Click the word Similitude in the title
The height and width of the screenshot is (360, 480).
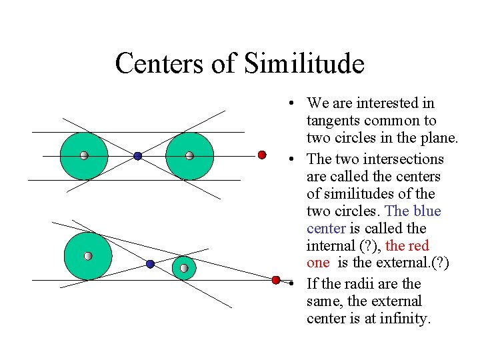coord(304,64)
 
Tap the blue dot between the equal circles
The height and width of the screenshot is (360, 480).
coord(137,156)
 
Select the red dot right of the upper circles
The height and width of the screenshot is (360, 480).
coord(262,155)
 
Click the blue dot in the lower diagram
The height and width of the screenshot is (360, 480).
coord(150,264)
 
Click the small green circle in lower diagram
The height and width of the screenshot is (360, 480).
coord(184,268)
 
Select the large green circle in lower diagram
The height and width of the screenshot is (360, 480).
coord(87,256)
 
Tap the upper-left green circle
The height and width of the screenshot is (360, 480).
coord(83,156)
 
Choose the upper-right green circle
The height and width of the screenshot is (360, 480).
coord(189,156)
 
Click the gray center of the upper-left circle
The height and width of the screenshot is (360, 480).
coord(83,156)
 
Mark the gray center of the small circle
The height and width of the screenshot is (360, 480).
coord(184,269)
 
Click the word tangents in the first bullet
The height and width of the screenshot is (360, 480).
coord(331,121)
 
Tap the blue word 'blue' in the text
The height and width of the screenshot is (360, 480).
coord(427,211)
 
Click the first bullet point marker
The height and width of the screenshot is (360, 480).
coord(292,104)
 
